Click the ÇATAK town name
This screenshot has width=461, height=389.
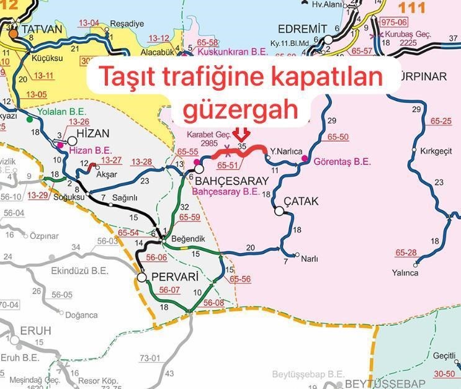[301, 201]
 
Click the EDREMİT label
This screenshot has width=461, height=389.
[303, 29]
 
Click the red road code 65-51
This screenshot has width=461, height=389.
[228, 166]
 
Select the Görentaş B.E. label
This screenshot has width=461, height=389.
[342, 161]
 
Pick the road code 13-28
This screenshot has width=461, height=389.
[141, 162]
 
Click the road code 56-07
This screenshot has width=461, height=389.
[169, 290]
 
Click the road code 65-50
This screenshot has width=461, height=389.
[338, 136]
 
